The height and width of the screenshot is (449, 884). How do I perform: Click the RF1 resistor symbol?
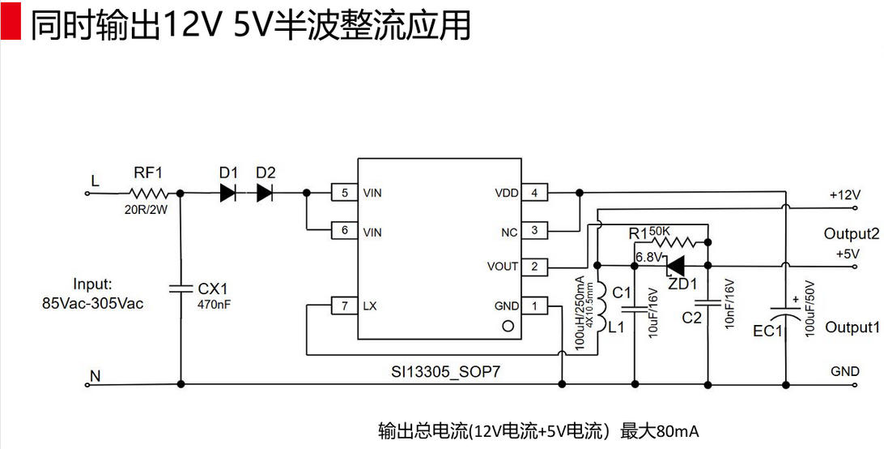[148, 194]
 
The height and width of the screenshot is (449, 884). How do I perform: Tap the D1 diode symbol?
[229, 194]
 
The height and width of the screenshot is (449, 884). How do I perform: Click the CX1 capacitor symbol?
[179, 288]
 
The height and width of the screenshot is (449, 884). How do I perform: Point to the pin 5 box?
[345, 194]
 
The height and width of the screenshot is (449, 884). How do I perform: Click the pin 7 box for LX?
[345, 306]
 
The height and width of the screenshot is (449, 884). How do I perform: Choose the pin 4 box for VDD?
[534, 194]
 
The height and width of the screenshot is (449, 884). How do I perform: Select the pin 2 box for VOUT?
[534, 266]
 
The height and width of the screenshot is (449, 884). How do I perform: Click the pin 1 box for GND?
[534, 306]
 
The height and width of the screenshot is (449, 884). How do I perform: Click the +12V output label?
[844, 195]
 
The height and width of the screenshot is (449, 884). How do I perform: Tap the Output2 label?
[851, 234]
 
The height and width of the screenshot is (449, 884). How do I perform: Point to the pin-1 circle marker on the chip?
[508, 326]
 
